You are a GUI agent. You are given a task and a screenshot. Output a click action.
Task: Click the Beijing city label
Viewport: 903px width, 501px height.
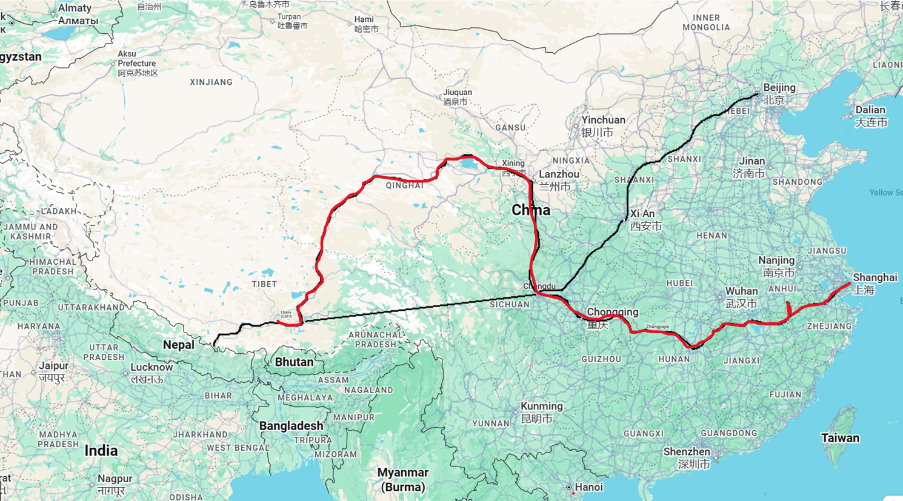(779, 88)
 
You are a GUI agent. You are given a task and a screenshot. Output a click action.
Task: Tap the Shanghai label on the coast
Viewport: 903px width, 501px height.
(875, 277)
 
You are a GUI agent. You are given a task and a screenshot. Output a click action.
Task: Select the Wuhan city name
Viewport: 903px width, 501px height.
(741, 291)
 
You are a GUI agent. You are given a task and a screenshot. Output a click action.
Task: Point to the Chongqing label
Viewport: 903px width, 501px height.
(612, 312)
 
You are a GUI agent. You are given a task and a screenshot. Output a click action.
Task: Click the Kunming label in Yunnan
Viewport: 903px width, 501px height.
(542, 406)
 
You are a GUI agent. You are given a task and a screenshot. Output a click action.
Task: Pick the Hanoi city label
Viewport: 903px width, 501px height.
(588, 487)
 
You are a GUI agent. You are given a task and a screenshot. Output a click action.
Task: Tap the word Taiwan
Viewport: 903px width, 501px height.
(840, 438)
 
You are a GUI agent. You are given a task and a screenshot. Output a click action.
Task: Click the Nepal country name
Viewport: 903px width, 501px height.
(178, 345)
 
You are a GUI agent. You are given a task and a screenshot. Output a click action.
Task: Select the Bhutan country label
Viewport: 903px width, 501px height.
(294, 362)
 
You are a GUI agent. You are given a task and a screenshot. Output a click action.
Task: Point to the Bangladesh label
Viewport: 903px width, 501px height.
(291, 426)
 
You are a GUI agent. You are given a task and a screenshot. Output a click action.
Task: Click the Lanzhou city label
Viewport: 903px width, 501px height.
(559, 174)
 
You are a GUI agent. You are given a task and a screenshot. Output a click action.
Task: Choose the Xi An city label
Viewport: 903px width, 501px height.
(642, 214)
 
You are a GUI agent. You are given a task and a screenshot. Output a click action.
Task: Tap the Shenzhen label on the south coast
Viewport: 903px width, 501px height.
(687, 452)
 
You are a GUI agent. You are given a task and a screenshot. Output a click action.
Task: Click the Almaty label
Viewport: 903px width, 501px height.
(75, 8)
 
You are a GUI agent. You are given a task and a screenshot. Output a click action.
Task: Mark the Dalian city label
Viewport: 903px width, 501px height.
(870, 110)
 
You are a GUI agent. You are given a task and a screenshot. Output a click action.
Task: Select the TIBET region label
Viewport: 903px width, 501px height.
(264, 284)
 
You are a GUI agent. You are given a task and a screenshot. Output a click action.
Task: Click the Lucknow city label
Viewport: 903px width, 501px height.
(152, 367)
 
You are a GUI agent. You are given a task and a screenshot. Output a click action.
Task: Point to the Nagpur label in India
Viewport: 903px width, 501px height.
(115, 479)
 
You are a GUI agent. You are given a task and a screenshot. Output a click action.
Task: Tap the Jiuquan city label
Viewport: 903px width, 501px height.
(458, 93)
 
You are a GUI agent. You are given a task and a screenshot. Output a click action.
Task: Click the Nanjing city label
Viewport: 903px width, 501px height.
(776, 260)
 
